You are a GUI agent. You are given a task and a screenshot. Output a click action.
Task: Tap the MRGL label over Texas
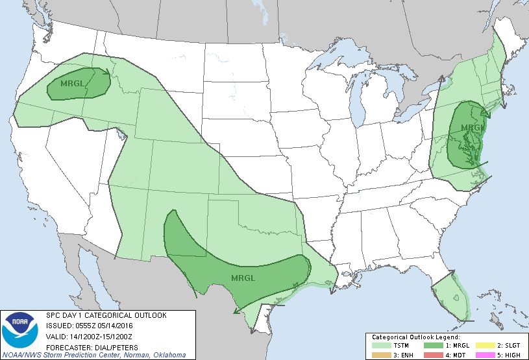coord(243,278)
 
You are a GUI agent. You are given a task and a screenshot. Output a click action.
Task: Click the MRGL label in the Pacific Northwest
coord(73,84)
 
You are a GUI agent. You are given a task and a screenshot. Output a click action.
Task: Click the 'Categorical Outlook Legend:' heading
coord(415,337)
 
